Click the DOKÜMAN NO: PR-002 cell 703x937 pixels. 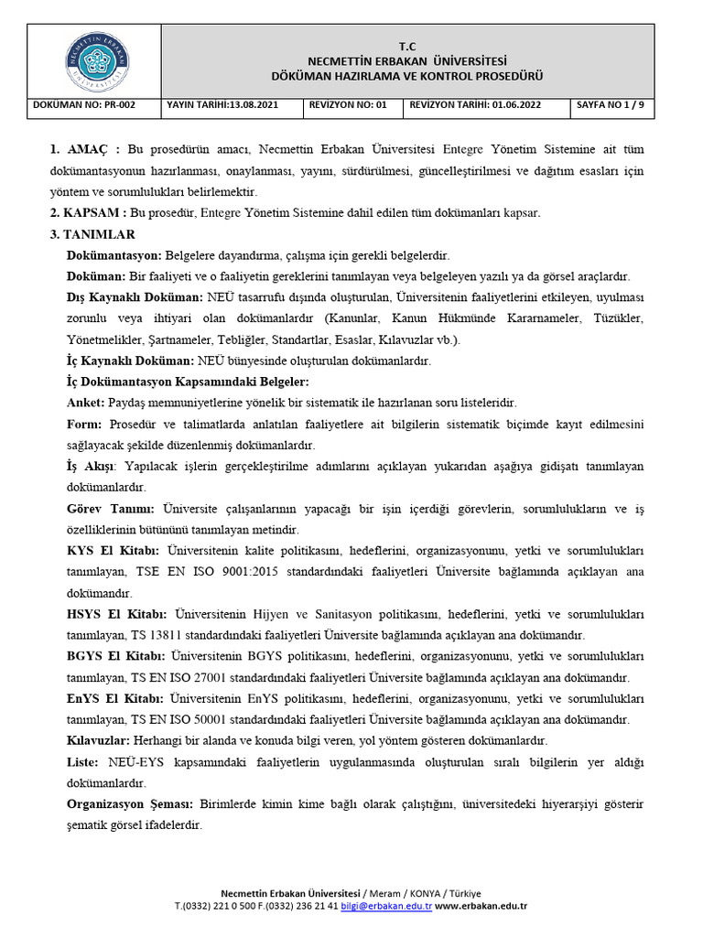point(84,105)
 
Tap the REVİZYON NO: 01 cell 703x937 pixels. point(349,105)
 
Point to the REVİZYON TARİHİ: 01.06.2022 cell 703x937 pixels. point(475,105)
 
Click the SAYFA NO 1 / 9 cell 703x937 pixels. point(610,105)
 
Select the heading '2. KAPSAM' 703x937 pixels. point(90,212)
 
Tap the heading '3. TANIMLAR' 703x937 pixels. point(92,234)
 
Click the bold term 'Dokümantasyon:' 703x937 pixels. point(114,255)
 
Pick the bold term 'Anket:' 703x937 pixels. point(86,403)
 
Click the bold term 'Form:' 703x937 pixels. point(85,424)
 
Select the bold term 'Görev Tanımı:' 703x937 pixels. point(111,508)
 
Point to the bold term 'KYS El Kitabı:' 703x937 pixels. point(114,550)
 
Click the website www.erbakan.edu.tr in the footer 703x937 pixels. point(481,907)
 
